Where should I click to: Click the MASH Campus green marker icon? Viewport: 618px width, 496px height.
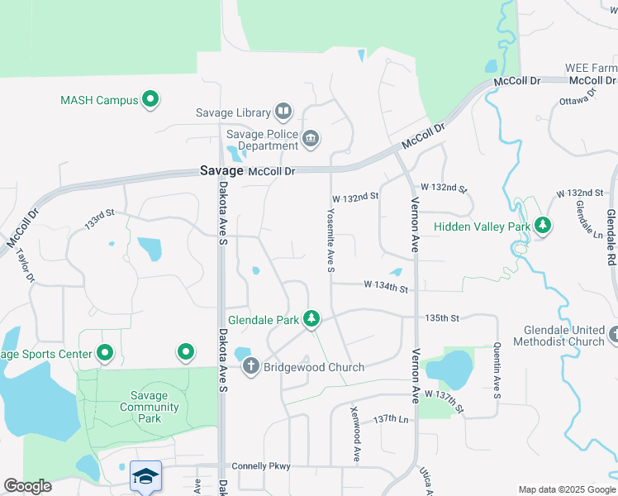pos(150,100)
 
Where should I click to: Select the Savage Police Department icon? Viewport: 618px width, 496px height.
pos(311,138)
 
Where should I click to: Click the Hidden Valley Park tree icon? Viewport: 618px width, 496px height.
pos(543,225)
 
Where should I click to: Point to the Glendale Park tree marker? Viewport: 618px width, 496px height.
pos(311,318)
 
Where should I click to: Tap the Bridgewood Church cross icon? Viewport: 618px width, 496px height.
pos(250,365)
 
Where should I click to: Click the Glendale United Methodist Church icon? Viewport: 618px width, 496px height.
pos(612,335)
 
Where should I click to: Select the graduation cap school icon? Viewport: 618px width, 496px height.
pos(145,475)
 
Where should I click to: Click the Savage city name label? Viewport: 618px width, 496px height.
pos(221,171)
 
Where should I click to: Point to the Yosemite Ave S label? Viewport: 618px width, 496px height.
pos(330,238)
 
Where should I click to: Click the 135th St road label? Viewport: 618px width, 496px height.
pos(441,317)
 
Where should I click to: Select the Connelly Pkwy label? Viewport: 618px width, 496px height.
pos(261,466)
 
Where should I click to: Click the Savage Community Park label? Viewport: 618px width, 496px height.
pos(150,407)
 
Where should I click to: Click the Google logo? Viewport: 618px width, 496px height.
pos(27,486)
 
